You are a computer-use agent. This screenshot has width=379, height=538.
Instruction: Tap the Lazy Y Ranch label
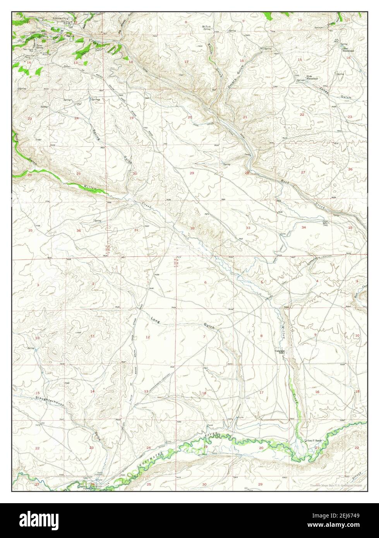click(x=314, y=440)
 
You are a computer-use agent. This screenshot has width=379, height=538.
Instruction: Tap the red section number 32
click(x=192, y=228)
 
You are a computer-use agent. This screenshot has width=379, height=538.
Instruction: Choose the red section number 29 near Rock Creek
click(x=192, y=173)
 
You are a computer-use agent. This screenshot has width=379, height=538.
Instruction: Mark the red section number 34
click(x=304, y=227)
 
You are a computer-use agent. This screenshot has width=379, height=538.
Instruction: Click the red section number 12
click(x=147, y=337)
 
